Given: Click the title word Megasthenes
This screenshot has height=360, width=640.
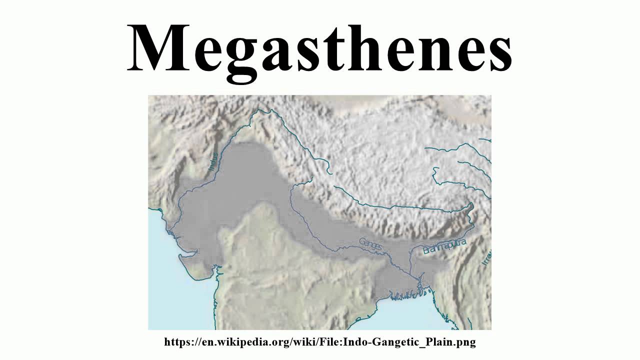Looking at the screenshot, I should (320, 47).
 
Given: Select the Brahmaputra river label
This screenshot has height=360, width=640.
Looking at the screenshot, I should (444, 246).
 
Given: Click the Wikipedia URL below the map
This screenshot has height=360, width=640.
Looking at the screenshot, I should (320, 342).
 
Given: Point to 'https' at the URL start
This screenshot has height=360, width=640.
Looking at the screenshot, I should (176, 342).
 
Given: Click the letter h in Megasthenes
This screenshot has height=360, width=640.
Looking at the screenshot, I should (370, 47).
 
